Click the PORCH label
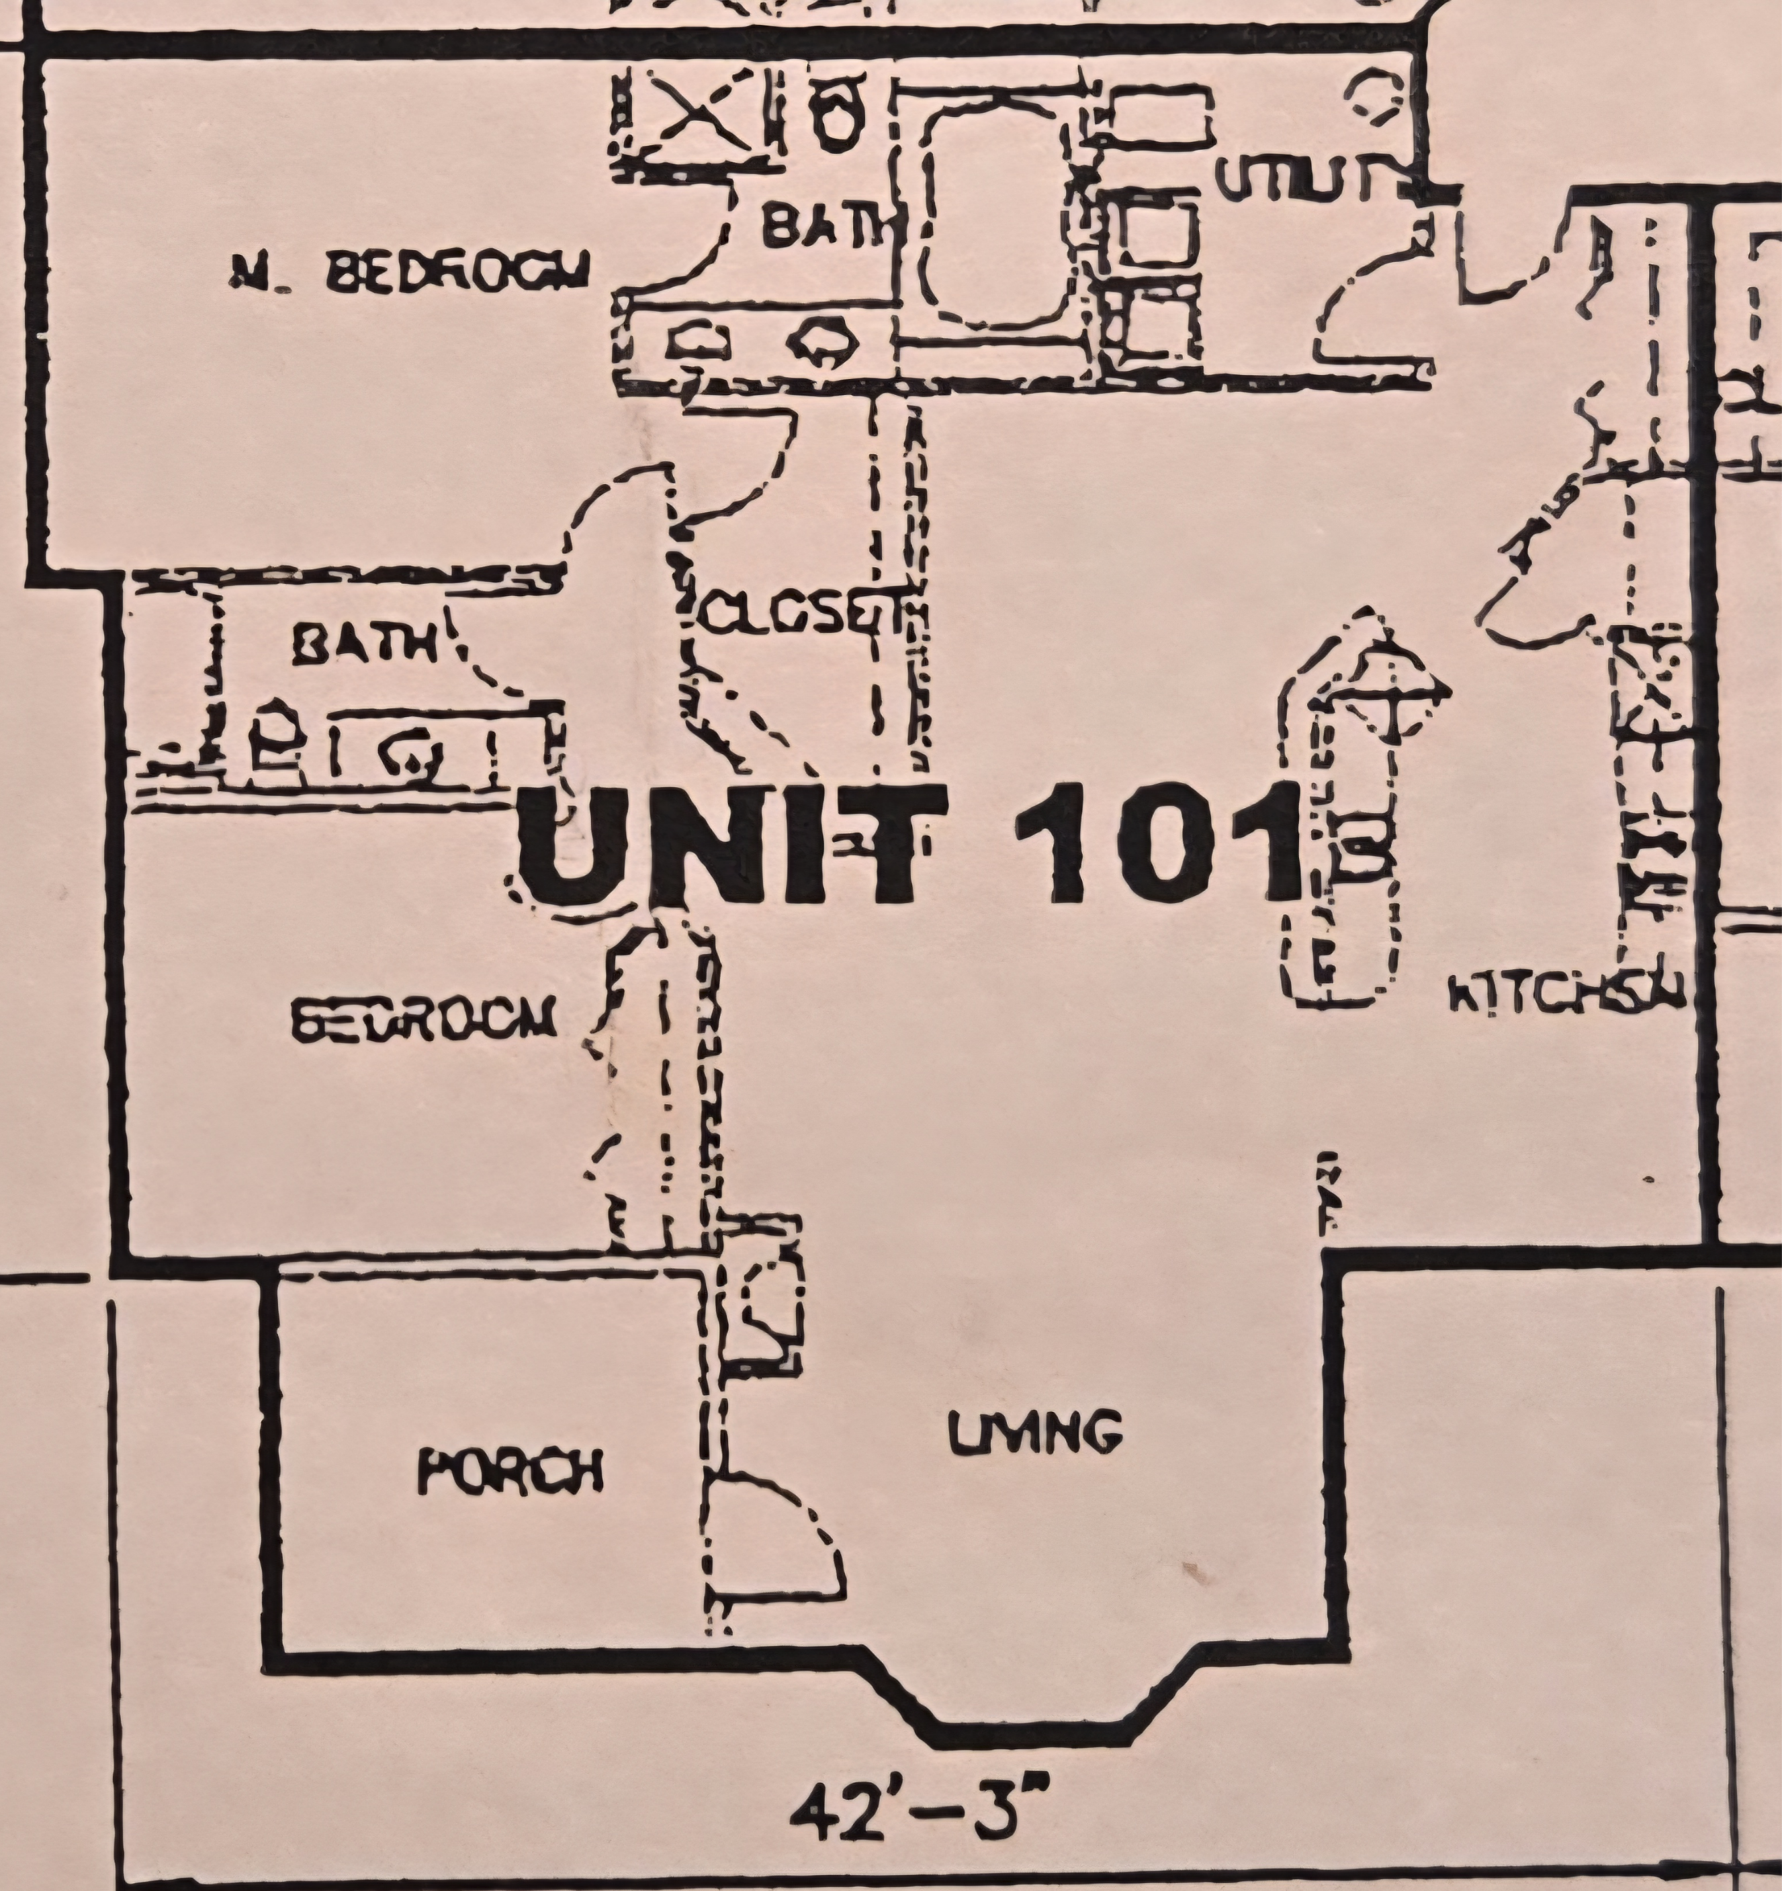point(510,1472)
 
